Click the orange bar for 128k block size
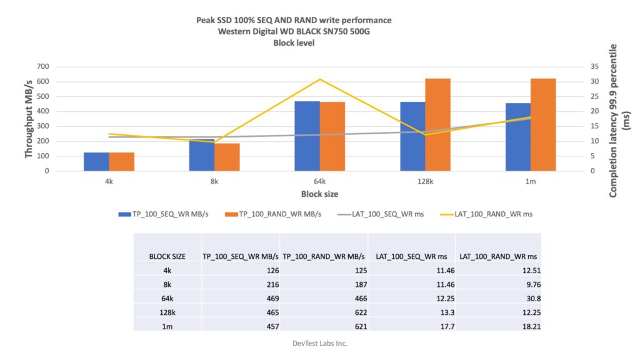tap(437, 125)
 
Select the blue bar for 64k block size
tap(307, 136)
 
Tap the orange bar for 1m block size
tap(543, 125)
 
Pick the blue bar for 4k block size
tap(96, 162)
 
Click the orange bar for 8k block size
tap(227, 157)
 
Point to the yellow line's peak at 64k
tap(320, 79)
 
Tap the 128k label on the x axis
tap(425, 181)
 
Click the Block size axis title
tap(319, 194)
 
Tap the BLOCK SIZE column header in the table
tap(167, 256)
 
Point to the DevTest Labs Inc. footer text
tap(320, 343)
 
